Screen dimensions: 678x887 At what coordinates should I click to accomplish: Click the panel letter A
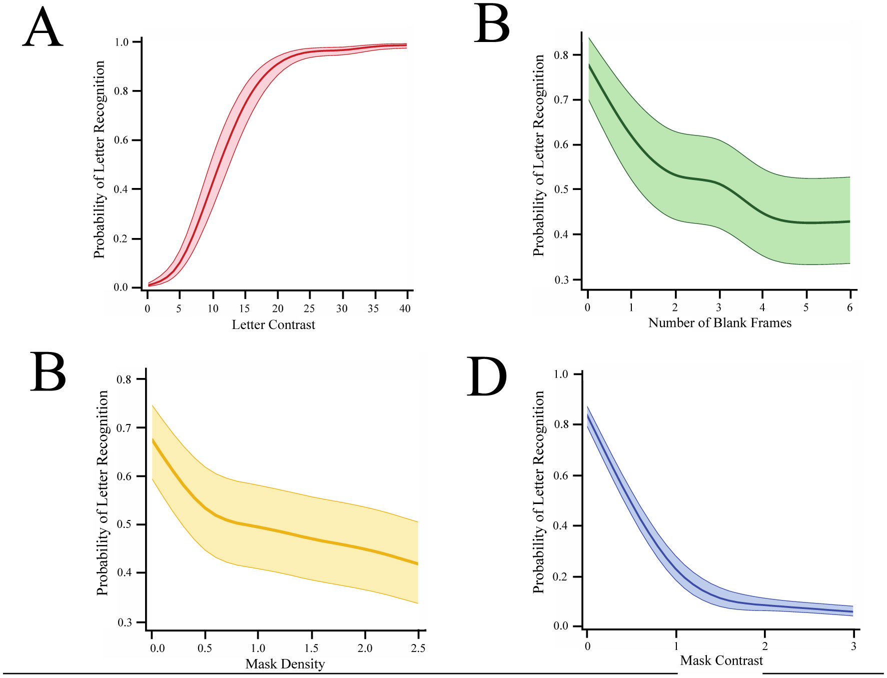[43, 29]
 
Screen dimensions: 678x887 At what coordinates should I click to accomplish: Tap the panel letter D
[486, 377]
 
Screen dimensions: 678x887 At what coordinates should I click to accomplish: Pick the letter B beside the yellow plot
[48, 372]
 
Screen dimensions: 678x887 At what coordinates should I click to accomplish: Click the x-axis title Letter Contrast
[273, 325]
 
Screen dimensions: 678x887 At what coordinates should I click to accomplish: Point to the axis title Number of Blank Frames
[719, 323]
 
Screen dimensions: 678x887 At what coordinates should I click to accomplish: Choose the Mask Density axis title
[285, 664]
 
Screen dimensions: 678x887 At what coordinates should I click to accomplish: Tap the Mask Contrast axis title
[721, 661]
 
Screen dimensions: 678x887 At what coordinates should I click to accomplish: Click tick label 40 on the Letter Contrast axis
[405, 309]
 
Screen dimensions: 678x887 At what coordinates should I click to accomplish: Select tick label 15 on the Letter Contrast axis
[244, 309]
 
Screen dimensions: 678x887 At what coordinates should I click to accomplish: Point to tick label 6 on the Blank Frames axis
[849, 308]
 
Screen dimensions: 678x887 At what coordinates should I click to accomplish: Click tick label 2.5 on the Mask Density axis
[418, 648]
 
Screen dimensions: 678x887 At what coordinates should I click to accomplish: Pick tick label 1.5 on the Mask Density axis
[311, 648]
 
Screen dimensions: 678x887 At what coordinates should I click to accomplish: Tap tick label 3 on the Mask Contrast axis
[853, 646]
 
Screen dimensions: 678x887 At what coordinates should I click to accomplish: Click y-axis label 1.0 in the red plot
[122, 42]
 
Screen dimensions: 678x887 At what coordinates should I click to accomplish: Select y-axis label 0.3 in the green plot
[561, 280]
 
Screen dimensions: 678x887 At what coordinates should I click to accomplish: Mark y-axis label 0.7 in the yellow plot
[124, 428]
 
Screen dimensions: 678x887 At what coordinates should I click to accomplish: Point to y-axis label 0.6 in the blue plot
[561, 475]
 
